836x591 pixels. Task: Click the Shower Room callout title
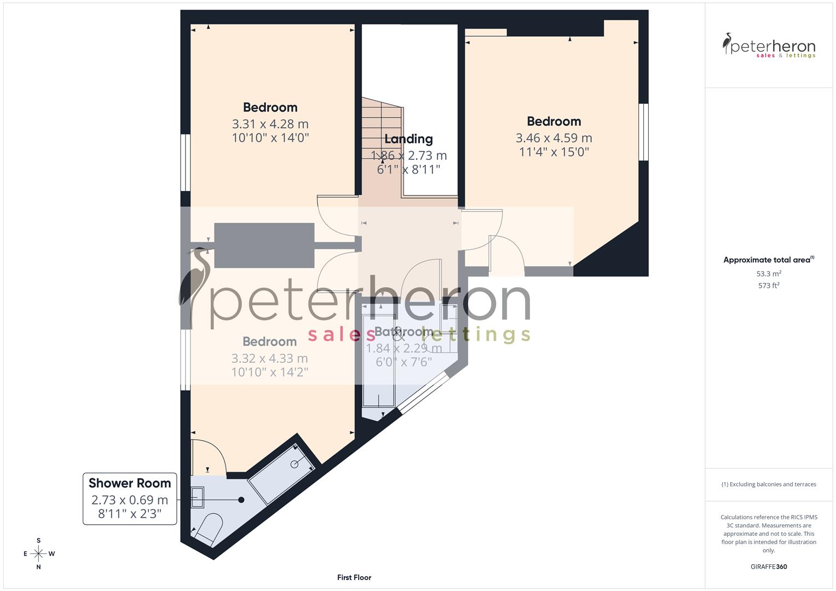(x=130, y=483)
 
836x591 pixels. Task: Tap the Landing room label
(x=408, y=139)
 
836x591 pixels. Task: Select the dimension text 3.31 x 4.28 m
(x=270, y=124)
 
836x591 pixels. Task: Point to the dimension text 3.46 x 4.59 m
(x=554, y=138)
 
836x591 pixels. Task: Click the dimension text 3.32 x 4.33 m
(x=269, y=358)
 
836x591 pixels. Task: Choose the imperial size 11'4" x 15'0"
(x=554, y=152)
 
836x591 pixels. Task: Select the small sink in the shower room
(x=198, y=497)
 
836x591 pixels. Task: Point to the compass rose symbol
(x=38, y=554)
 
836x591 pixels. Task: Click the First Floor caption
(x=354, y=577)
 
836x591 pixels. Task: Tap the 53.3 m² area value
(x=769, y=274)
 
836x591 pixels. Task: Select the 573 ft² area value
(x=769, y=286)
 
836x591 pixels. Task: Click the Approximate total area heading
(x=768, y=260)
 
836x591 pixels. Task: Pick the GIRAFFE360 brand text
(x=769, y=566)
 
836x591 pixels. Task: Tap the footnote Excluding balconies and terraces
(x=769, y=484)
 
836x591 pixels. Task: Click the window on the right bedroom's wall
(x=643, y=132)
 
